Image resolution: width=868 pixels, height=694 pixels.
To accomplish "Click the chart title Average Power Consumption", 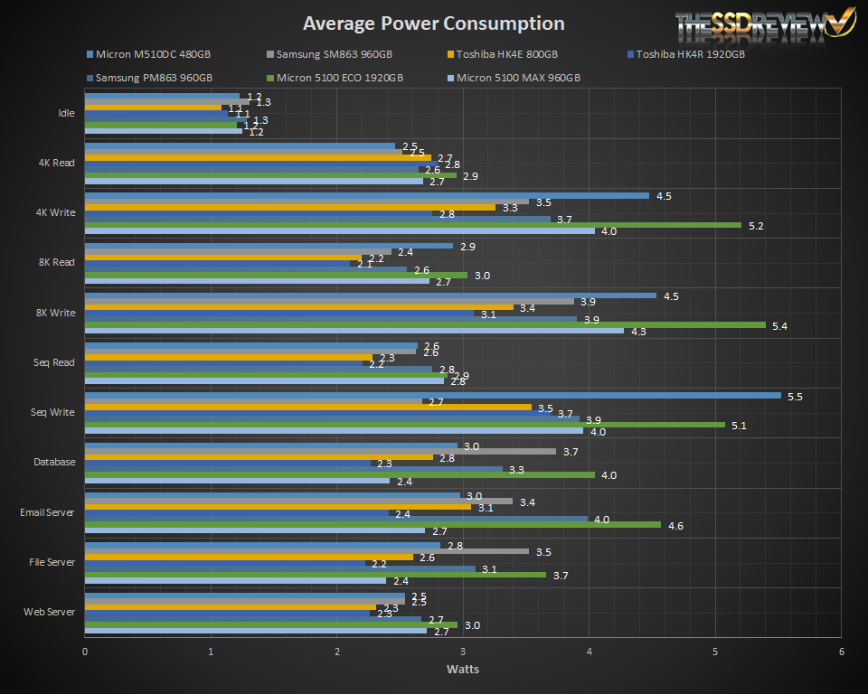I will tap(433, 23).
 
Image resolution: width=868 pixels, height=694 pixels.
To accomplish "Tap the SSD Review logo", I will tap(764, 24).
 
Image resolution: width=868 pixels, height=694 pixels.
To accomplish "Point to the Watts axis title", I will tap(462, 670).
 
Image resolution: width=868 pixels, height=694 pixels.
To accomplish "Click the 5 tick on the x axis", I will tap(715, 652).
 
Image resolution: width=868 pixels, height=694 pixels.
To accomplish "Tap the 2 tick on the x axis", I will tap(337, 652).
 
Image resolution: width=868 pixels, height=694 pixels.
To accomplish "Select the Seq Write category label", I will tap(52, 412).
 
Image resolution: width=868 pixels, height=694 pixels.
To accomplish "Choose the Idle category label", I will tap(66, 114).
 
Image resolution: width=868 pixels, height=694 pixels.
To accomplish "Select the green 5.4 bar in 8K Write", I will tap(425, 325).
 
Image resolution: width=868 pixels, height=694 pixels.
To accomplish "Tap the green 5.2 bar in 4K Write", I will tap(412, 225).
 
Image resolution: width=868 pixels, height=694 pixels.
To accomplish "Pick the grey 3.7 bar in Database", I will tap(320, 451).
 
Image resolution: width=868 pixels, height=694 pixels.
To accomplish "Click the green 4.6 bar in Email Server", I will tap(374, 525).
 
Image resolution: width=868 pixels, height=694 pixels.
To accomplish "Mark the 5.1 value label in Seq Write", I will tap(739, 425).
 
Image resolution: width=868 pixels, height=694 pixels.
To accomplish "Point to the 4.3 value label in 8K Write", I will tap(637, 332).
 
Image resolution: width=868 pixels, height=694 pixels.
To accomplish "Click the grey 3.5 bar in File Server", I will tap(307, 551).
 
